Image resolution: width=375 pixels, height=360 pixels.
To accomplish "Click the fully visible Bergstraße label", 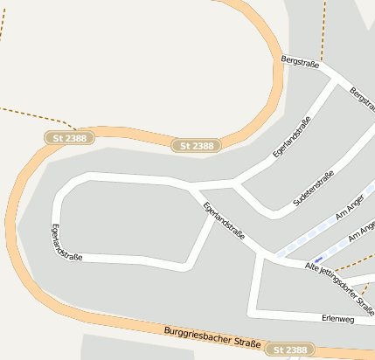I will (x=301, y=63).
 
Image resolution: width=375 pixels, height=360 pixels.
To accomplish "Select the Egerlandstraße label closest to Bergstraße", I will (x=292, y=137).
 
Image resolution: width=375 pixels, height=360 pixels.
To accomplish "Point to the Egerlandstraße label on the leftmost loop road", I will (x=66, y=244).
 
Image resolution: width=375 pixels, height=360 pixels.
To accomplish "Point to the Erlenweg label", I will (x=338, y=319).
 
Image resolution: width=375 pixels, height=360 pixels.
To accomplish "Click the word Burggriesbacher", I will (x=196, y=336).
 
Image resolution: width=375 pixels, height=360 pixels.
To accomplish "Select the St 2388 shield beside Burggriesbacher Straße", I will (x=289, y=350).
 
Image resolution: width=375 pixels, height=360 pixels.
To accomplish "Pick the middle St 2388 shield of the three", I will (x=196, y=146).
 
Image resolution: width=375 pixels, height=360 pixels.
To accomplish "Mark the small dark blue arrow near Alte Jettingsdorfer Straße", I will (x=323, y=258).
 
